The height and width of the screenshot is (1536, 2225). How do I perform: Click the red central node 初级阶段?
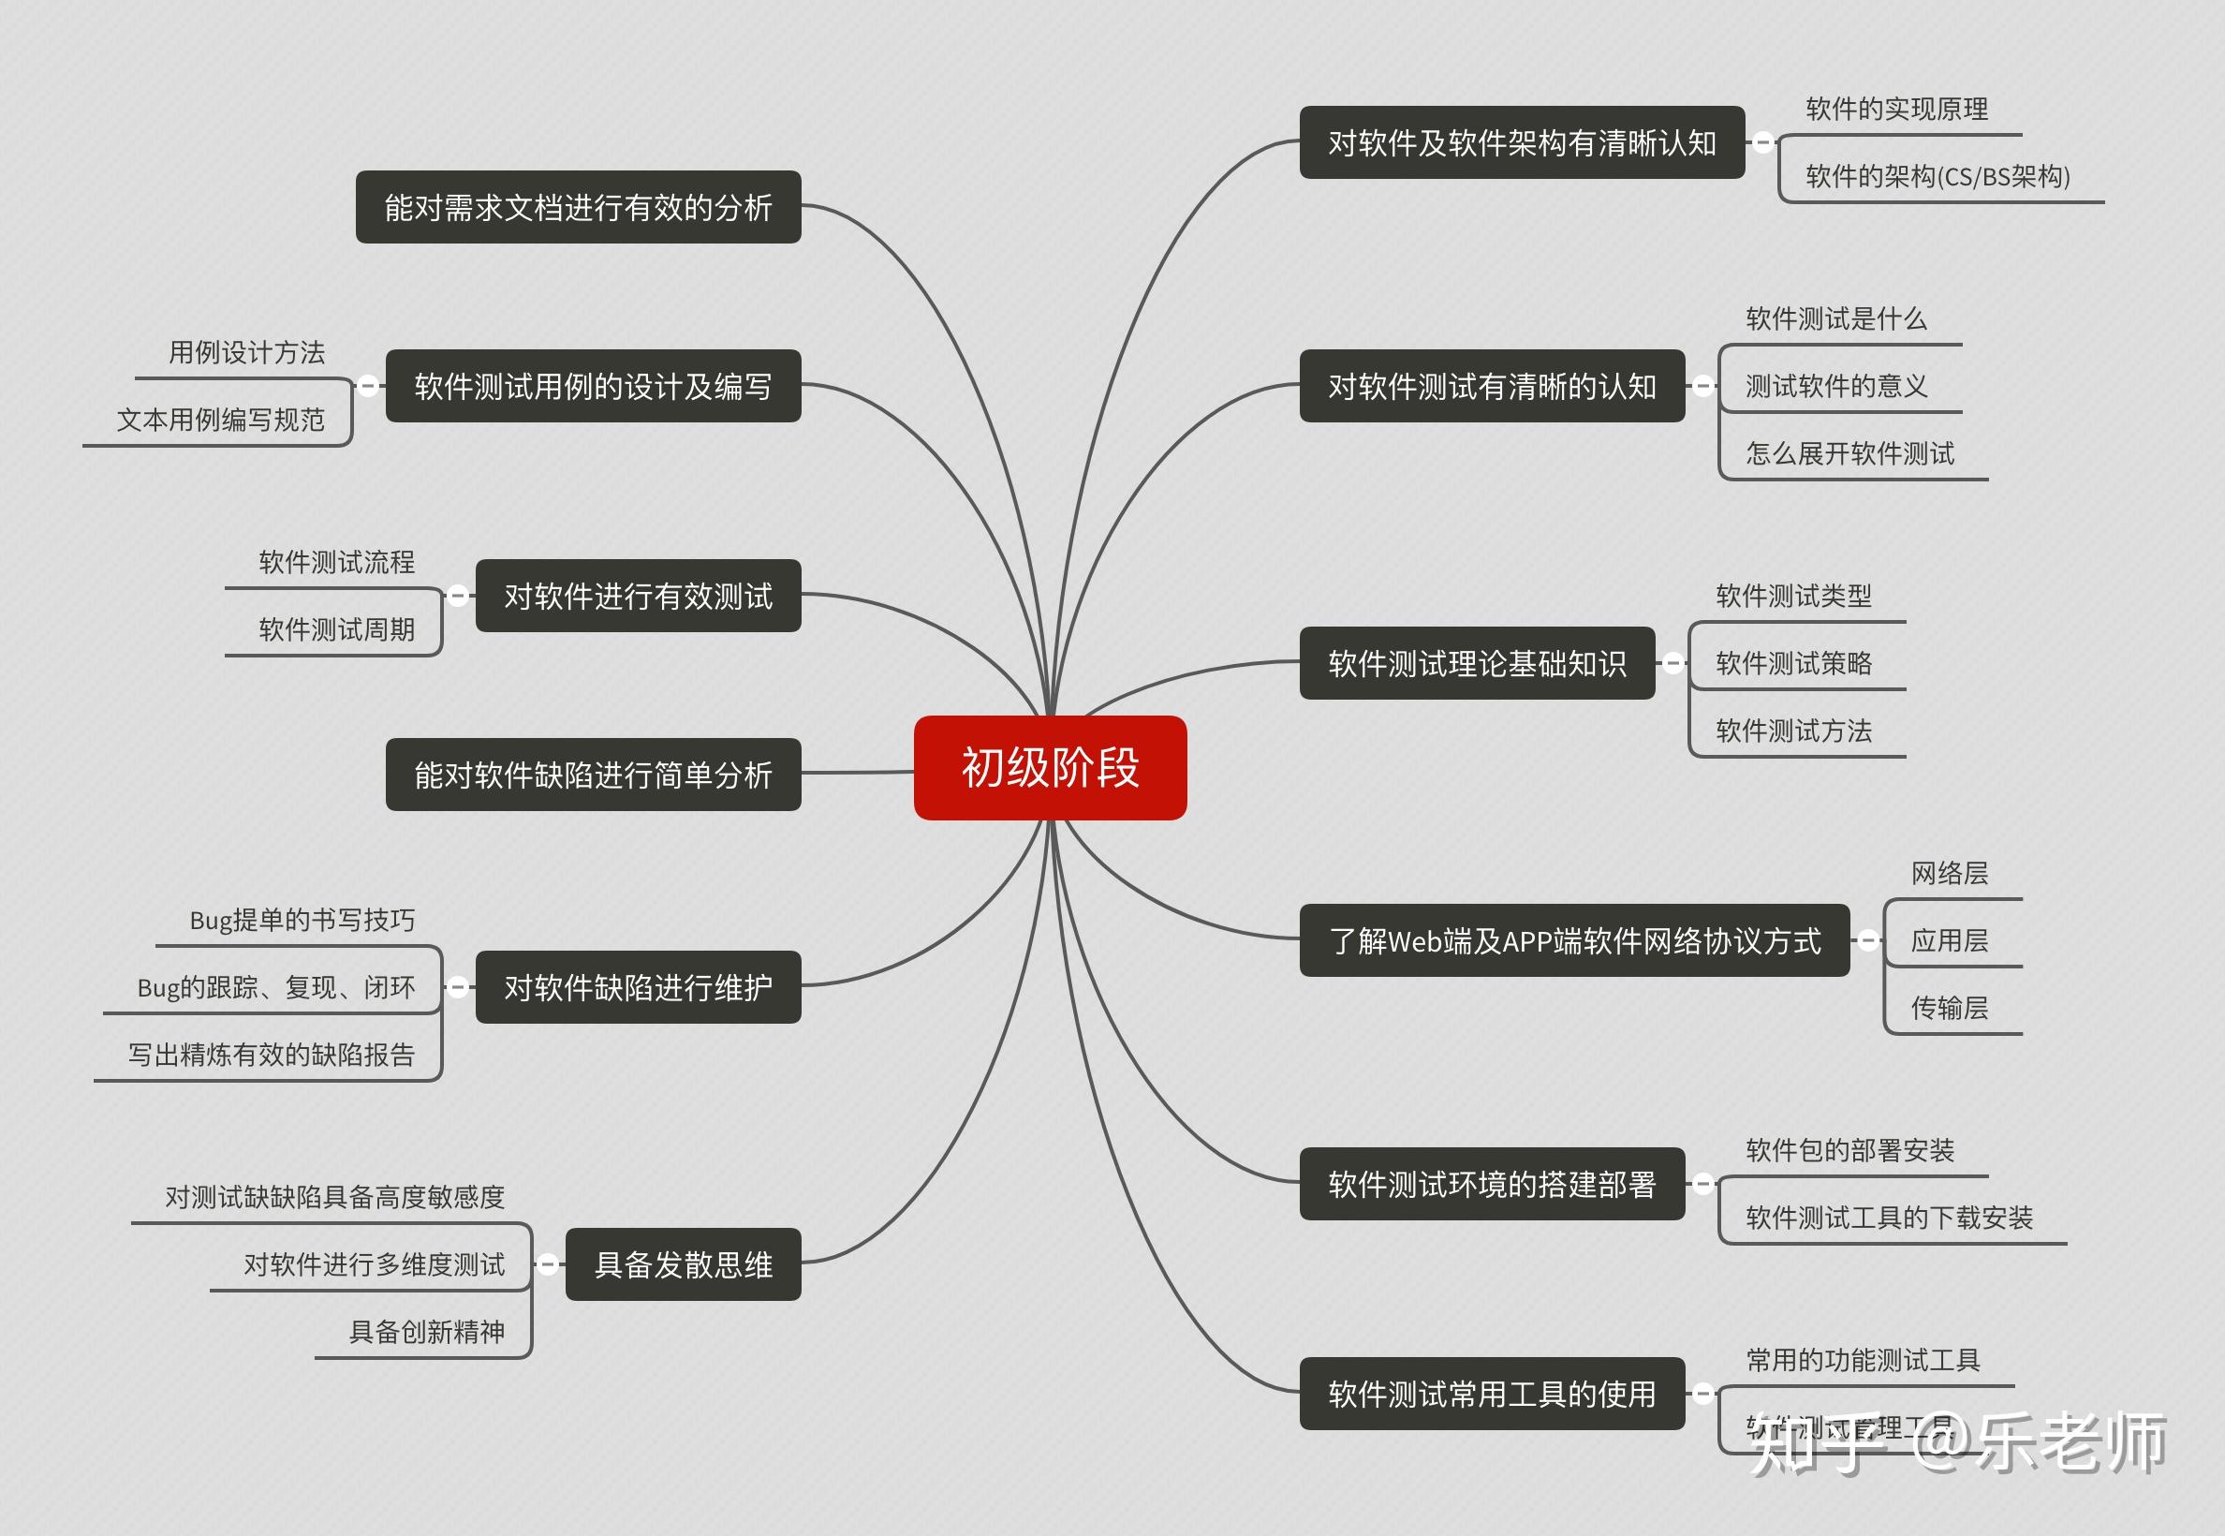point(1050,768)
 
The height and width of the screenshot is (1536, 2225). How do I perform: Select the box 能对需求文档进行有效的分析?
point(579,207)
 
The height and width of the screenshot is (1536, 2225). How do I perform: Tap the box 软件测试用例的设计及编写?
point(593,386)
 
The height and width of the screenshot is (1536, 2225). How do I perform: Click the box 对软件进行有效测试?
point(638,596)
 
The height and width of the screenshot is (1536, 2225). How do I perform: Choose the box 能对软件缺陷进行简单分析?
point(593,775)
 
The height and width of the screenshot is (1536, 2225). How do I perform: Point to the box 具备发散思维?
point(684,1264)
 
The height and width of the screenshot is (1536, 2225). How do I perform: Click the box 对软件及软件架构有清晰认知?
point(1522,142)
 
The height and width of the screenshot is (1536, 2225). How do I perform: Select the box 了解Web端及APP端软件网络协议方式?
point(1574,940)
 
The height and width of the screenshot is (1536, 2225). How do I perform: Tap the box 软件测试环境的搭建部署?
point(1492,1184)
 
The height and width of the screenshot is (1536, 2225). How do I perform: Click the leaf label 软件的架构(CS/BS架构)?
point(1938,177)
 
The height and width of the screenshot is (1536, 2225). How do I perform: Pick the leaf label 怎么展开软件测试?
point(1849,453)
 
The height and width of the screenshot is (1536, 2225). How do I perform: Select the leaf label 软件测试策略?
point(1794,663)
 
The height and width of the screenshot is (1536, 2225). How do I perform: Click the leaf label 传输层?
point(1950,1008)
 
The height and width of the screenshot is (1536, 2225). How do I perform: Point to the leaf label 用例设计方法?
point(246,352)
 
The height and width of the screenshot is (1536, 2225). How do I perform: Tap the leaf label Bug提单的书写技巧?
point(302,920)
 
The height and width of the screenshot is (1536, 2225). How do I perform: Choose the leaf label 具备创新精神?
point(426,1332)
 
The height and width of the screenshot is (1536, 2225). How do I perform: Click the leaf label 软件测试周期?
point(337,629)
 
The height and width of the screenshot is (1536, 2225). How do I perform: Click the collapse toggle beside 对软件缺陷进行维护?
point(458,986)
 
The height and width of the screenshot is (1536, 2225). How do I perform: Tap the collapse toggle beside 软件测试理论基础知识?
point(1673,663)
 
